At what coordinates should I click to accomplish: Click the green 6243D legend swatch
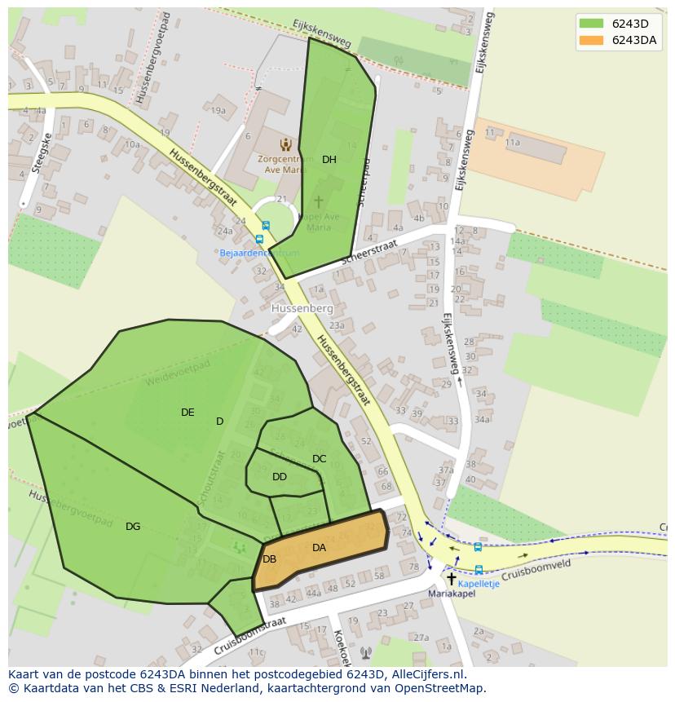coord(592,24)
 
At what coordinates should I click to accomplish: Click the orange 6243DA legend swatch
coord(592,41)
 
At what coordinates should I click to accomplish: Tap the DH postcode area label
coord(329,160)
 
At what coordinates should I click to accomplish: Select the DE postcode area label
coord(187,413)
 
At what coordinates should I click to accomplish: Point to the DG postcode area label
coord(133,527)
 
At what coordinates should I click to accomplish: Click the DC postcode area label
coord(319,459)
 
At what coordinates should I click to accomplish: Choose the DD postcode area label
coord(280,477)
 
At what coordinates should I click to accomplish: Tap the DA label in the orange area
coord(319,548)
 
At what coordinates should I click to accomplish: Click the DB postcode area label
coord(269,559)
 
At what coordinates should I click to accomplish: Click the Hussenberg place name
coord(302,309)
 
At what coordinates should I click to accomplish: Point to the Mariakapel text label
coord(451,594)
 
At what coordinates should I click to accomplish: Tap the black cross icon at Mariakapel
coord(451,578)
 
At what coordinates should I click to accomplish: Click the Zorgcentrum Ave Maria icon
coord(285,144)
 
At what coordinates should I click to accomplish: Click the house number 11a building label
coord(512,142)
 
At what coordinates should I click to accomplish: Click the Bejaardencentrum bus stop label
coord(259,253)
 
